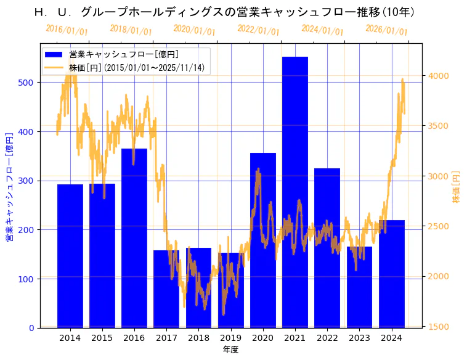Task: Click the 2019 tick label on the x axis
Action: point(230,338)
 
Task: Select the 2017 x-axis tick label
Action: point(166,338)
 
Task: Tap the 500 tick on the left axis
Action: point(28,83)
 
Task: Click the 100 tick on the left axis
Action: point(28,279)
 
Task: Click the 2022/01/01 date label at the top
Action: point(258,30)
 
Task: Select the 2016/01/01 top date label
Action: point(67,30)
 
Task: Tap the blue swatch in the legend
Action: point(55,55)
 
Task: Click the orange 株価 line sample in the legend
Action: point(55,67)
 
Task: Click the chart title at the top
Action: point(224,12)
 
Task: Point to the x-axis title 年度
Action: point(230,350)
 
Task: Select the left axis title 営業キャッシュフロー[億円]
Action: point(9,186)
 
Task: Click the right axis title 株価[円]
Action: point(457,187)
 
